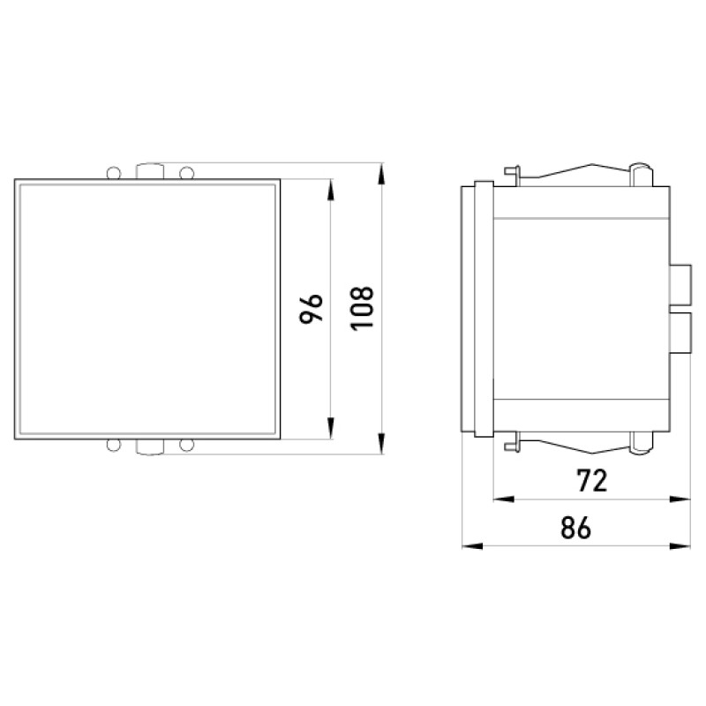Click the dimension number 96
(312, 308)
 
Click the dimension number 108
(362, 308)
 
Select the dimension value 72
(592, 481)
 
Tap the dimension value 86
(575, 528)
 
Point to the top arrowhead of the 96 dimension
(330, 190)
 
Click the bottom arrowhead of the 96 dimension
(330, 428)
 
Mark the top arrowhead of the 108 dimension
(382, 173)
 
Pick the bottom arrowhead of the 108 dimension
(382, 444)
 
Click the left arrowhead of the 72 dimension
(504, 499)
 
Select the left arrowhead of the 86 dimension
(472, 546)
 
